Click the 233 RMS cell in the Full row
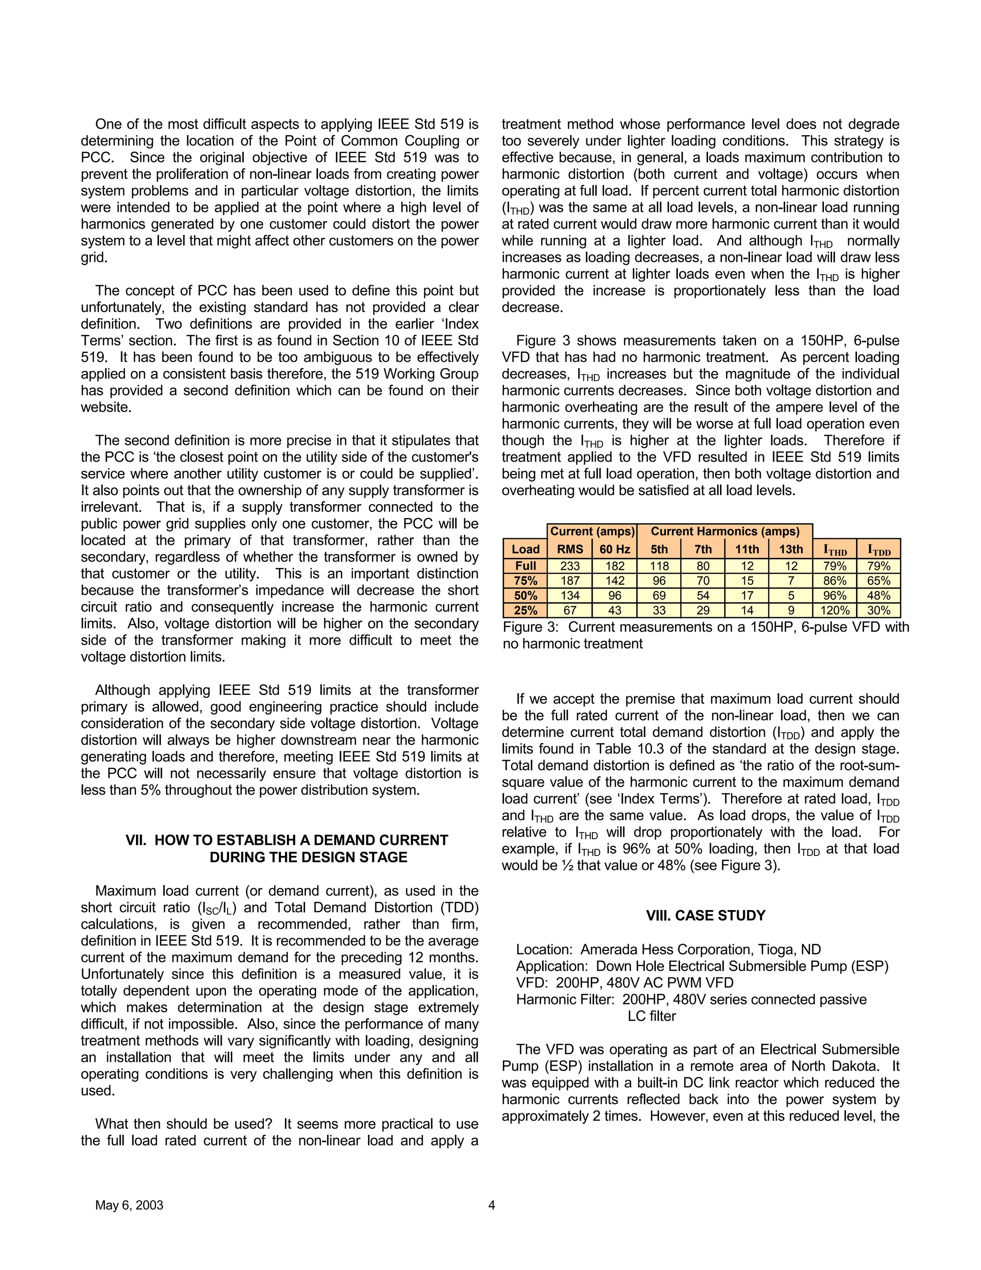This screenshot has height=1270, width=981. pos(570,566)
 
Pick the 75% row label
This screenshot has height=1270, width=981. pos(525,580)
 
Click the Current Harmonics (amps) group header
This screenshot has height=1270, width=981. pos(725,531)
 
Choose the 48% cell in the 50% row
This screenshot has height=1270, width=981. pos(878,595)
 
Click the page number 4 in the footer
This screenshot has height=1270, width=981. pos(491,1205)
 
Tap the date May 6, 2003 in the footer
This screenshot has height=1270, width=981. pos(129,1205)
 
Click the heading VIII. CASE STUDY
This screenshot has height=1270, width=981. pos(706,915)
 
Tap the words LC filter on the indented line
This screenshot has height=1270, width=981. pos(651,1016)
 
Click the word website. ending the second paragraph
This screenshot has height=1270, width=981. pos(106,407)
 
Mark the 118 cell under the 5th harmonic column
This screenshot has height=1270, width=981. pos(659,566)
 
